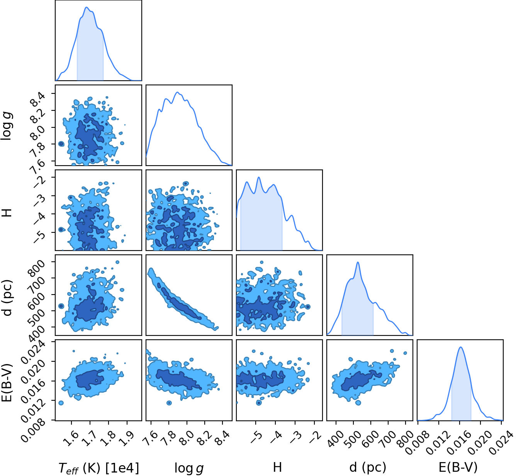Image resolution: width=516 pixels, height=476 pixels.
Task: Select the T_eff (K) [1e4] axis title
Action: tap(99, 468)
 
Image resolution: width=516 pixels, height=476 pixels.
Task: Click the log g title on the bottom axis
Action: tap(189, 468)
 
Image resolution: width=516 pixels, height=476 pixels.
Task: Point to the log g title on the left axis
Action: tap(7, 126)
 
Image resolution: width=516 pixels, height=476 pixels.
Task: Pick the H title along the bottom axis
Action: tap(277, 467)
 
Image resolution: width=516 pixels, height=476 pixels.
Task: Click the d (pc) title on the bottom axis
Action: tap(368, 468)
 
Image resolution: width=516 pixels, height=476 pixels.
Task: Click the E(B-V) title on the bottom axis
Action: tap(458, 468)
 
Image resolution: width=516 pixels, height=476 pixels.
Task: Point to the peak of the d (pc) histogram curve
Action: tap(358, 262)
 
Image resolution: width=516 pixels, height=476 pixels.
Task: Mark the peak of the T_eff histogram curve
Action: tap(87, 7)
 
